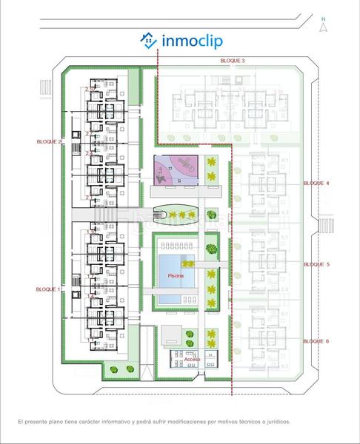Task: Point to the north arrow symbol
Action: tap(323, 28)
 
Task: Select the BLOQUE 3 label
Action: tap(233, 59)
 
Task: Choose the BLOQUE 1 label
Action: tap(49, 290)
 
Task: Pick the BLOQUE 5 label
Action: tap(316, 263)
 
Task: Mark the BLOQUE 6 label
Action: tap(316, 340)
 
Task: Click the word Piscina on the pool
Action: tap(176, 275)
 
